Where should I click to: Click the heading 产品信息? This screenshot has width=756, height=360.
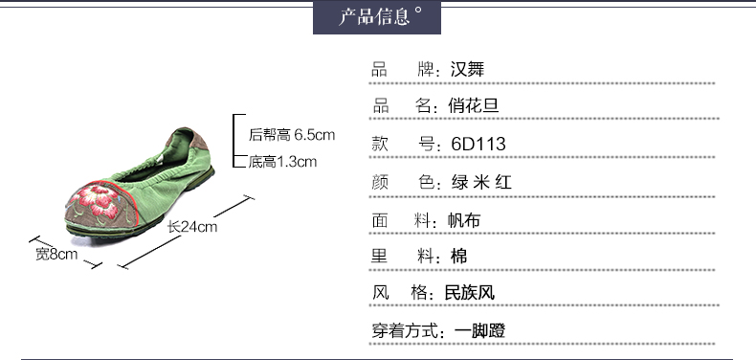pos(374,17)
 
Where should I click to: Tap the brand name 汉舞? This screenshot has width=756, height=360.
pos(467,70)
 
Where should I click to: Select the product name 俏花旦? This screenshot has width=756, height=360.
pos(473,105)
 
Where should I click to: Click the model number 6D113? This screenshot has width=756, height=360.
pos(478,144)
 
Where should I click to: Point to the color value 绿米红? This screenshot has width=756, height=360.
pos(481,182)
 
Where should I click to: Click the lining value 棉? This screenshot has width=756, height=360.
pos(459,256)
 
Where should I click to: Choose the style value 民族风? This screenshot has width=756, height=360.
pos(470,292)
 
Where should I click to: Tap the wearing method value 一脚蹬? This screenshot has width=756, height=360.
pos(479,331)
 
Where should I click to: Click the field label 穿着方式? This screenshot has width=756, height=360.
pos(405,331)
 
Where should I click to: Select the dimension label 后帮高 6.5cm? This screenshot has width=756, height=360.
pos(292,135)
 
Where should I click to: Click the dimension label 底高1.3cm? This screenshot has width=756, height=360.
pos(282,161)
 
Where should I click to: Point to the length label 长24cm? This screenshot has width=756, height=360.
pos(192,226)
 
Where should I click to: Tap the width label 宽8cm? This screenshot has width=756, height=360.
pos(56,254)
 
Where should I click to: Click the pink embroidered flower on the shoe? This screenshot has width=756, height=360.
pos(98,200)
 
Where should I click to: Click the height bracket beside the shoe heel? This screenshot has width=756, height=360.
pos(233,141)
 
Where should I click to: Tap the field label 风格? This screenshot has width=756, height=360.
pos(400,292)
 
